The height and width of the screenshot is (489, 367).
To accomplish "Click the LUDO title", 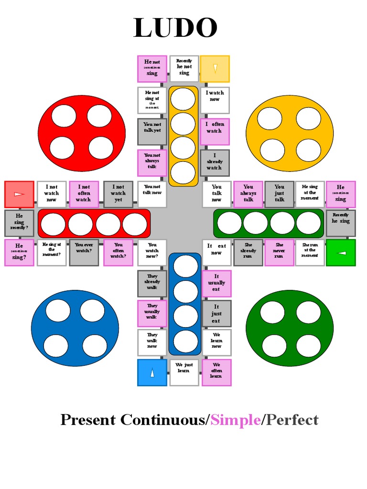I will [x=175, y=28].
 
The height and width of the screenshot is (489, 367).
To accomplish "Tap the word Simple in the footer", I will [x=236, y=420].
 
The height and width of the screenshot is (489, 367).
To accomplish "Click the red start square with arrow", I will [x=19, y=194].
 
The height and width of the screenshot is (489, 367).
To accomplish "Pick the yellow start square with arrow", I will [x=215, y=69].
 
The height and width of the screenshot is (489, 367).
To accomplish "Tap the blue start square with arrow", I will [x=152, y=372].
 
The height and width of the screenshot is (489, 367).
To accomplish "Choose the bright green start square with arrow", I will [x=341, y=253].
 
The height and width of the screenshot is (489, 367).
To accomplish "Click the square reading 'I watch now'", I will [x=215, y=100].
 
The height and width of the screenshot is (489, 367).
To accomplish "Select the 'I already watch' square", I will [x=215, y=163].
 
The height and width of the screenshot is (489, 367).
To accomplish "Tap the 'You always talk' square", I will [x=248, y=194].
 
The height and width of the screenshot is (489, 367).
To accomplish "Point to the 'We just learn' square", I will [x=184, y=372].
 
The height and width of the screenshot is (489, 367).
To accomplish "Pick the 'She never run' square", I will [x=279, y=253].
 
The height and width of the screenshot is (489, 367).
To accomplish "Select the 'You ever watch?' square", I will [x=84, y=253].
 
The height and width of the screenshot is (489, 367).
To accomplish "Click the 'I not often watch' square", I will [x=84, y=194].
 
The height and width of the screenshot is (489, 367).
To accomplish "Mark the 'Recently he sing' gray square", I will [x=341, y=223].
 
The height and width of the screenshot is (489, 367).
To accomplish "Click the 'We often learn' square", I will [x=216, y=372].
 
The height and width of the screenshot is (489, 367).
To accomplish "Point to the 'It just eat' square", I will [x=216, y=313].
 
